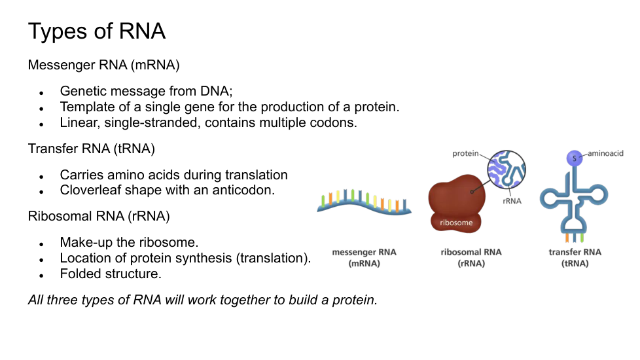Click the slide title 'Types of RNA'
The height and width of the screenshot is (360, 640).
(97, 31)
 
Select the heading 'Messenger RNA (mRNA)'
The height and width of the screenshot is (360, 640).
(103, 65)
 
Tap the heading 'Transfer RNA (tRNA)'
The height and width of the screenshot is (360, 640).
(92, 149)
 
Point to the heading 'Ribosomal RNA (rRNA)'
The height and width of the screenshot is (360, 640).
(99, 216)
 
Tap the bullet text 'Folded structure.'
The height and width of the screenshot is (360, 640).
(111, 274)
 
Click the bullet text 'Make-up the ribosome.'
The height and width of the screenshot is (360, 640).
(129, 242)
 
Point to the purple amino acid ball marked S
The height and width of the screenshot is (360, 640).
(575, 158)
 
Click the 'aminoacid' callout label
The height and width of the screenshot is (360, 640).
(605, 153)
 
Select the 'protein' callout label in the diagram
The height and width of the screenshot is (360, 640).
(465, 153)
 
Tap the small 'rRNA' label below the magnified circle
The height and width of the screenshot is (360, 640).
(512, 201)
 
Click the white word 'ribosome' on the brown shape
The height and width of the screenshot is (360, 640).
(456, 223)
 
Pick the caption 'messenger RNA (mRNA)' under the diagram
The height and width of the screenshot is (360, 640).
(364, 257)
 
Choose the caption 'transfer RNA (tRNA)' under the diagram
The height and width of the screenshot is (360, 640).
(575, 257)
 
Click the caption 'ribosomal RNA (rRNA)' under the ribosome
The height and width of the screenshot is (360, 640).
(471, 257)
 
